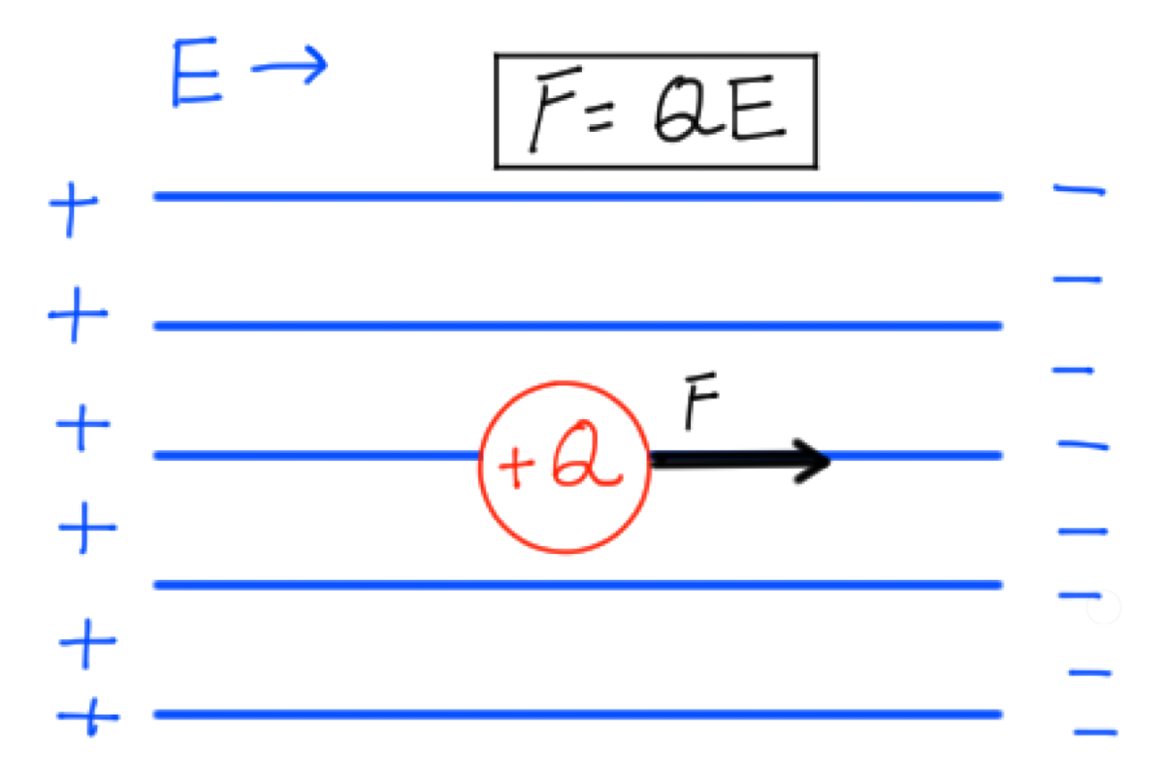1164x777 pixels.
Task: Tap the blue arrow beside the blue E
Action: tap(289, 66)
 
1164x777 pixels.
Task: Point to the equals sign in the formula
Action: tap(600, 117)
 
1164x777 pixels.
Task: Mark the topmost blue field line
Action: tap(578, 196)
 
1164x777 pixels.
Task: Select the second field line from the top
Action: tap(578, 326)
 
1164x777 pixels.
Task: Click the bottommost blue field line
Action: tap(578, 715)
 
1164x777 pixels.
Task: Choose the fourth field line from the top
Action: tap(578, 585)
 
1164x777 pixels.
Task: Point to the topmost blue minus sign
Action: tap(1080, 190)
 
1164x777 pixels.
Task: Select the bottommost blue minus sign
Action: tap(1095, 732)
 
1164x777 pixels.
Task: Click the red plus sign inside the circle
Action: tap(515, 466)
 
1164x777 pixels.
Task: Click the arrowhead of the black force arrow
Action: tap(829, 461)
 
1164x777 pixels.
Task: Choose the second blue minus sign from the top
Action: tap(1078, 279)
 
